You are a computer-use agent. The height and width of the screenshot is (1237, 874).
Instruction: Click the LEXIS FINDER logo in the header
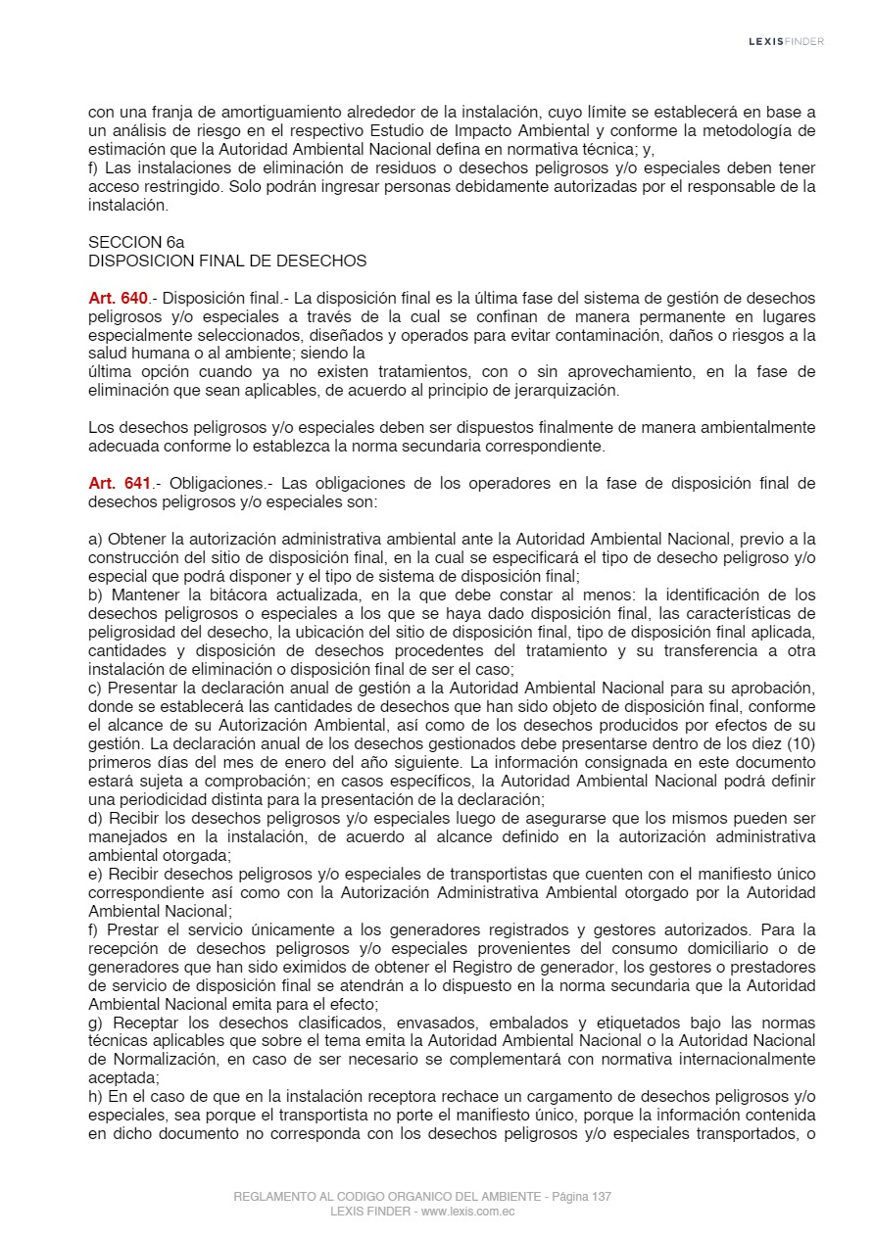(x=786, y=41)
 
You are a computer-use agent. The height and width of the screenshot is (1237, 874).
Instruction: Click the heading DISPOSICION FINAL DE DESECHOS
(x=227, y=261)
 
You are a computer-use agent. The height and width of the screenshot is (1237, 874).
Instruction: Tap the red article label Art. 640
(x=118, y=298)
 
